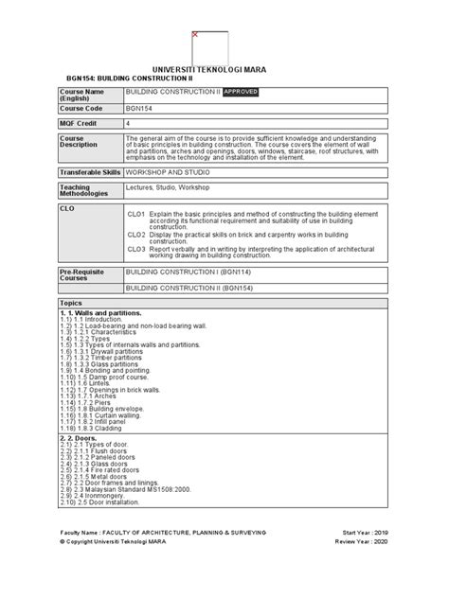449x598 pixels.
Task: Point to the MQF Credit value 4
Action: [x=129, y=124]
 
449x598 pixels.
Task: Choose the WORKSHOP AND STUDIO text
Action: [x=169, y=172]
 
